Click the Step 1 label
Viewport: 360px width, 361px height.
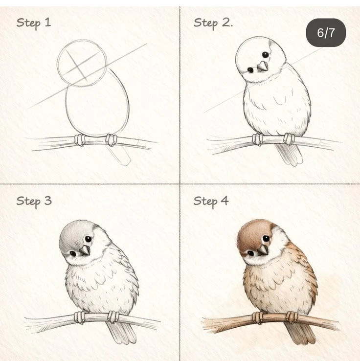(34, 23)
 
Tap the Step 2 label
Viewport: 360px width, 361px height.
(213, 23)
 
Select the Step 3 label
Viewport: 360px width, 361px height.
(34, 201)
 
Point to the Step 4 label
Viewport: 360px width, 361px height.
(211, 201)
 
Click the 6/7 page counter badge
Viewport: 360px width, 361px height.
(326, 33)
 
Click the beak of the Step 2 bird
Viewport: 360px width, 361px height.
(262, 67)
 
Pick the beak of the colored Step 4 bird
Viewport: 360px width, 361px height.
(263, 250)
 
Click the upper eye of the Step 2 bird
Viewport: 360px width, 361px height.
(266, 55)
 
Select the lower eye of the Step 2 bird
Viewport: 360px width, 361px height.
(250, 70)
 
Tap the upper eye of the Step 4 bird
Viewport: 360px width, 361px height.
(266, 238)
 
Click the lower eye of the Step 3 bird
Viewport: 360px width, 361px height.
(73, 254)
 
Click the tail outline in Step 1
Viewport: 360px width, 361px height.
(120, 155)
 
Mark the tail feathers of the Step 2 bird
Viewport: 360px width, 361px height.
(289, 154)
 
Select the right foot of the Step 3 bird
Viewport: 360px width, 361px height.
(113, 317)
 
